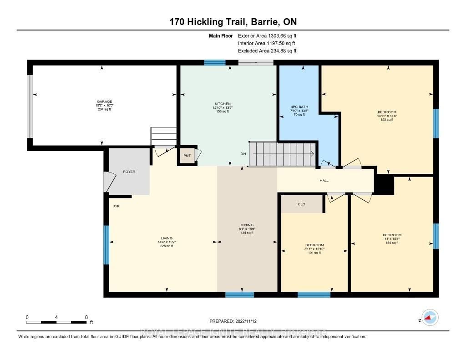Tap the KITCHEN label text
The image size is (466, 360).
(x=223, y=104)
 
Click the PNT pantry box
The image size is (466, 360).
(x=187, y=156)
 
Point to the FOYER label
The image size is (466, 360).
(x=129, y=172)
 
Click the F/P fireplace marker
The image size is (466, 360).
(x=116, y=207)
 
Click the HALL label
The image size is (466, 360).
(x=324, y=181)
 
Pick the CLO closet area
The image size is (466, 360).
(x=301, y=204)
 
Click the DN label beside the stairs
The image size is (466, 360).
(x=243, y=154)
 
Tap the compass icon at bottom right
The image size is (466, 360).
(x=429, y=317)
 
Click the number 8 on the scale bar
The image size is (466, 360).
(x=86, y=317)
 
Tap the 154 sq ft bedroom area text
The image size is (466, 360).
(x=392, y=243)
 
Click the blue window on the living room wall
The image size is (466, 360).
(x=106, y=245)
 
